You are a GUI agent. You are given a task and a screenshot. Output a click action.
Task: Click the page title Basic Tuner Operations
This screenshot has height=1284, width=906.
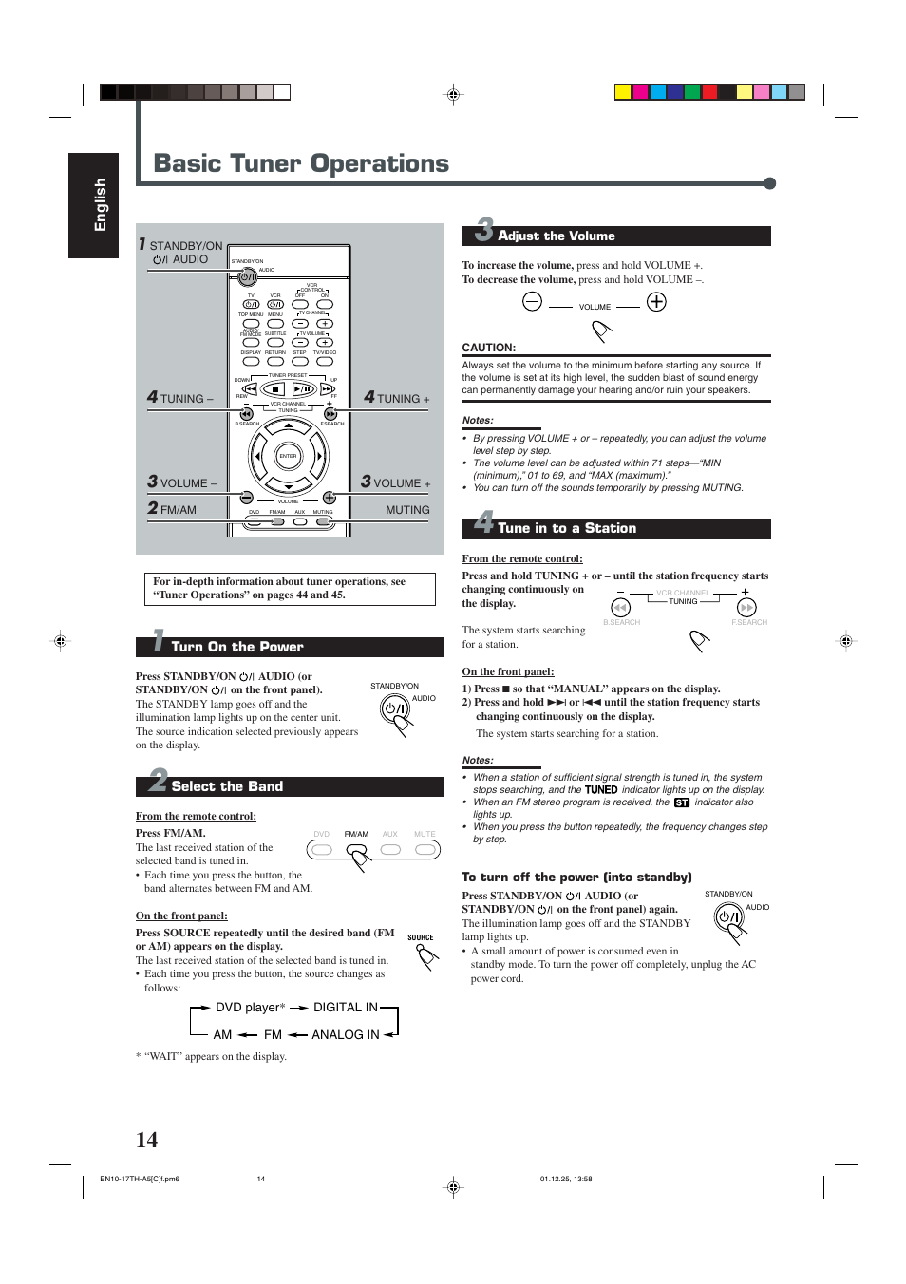coord(301,164)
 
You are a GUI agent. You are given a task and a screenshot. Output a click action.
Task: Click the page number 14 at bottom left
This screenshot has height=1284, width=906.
coord(146,1140)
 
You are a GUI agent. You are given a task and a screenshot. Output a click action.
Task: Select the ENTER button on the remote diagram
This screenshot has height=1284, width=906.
coord(288,456)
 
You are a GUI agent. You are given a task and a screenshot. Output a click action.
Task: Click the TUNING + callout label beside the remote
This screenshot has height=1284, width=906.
coord(397,398)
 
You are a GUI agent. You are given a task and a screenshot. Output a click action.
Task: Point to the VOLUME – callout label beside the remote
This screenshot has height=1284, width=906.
coord(182,482)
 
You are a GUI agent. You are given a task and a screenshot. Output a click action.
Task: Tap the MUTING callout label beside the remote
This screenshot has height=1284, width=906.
coord(407,510)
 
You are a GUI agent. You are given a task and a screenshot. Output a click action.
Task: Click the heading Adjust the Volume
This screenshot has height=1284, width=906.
coord(556,236)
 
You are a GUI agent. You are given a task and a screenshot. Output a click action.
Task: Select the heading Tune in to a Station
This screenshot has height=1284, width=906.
coord(566,529)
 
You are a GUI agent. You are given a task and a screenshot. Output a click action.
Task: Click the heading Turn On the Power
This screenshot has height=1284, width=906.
coord(236,647)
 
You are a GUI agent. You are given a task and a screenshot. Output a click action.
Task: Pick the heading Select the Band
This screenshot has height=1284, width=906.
coord(227,786)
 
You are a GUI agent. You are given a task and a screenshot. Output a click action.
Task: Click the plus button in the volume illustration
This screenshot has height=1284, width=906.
coord(656,302)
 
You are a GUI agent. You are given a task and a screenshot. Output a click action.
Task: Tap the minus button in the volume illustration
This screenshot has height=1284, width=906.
coord(532,302)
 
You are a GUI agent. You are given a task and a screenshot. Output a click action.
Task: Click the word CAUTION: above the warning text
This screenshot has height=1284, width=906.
coord(489,348)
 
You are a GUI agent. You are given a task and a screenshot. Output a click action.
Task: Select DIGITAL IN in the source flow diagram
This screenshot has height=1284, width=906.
coord(346,1008)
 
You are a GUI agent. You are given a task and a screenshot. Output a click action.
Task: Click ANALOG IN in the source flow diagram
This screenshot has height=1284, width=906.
coord(346,1035)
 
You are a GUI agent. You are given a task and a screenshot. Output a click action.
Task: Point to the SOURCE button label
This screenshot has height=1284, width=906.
coord(421,937)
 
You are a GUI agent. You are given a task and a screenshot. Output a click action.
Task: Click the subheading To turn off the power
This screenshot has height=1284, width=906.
coord(576,878)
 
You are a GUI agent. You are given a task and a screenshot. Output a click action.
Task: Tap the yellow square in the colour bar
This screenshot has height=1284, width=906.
coord(623,92)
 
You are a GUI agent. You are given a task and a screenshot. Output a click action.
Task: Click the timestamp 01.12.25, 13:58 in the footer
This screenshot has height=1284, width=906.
coord(566,1179)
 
